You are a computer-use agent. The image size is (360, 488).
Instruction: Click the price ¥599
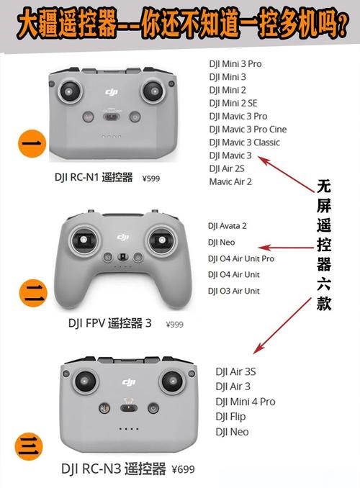[152, 179]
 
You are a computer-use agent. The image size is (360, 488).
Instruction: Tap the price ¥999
[174, 325]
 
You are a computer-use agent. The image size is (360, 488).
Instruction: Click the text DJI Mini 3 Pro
[235, 64]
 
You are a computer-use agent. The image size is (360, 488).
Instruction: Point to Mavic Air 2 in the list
[230, 181]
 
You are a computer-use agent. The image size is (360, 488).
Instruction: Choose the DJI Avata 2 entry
[227, 226]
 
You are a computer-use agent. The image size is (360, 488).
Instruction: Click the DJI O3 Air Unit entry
[233, 291]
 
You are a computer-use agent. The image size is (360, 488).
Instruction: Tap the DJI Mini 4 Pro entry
[246, 402]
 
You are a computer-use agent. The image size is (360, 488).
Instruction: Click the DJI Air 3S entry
[235, 371]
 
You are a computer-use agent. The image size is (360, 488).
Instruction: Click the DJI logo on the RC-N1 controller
[112, 92]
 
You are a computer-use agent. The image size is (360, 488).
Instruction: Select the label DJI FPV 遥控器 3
[109, 324]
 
